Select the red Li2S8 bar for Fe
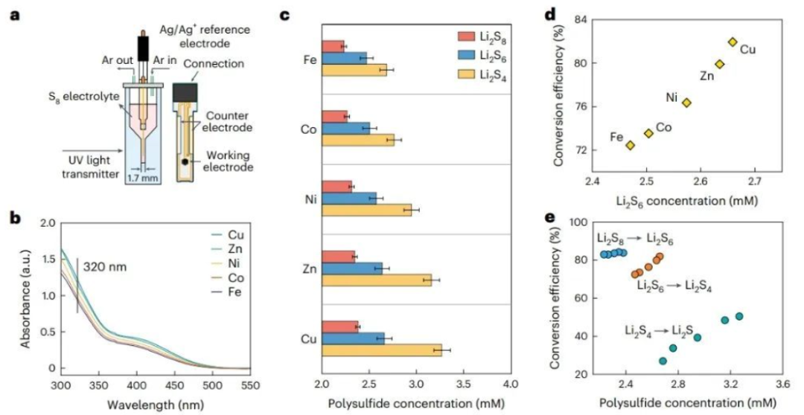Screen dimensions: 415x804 pyautogui.click(x=333, y=46)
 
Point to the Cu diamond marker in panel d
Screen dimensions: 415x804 pyautogui.click(x=733, y=42)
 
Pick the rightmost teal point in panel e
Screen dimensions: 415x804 pyautogui.click(x=739, y=316)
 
